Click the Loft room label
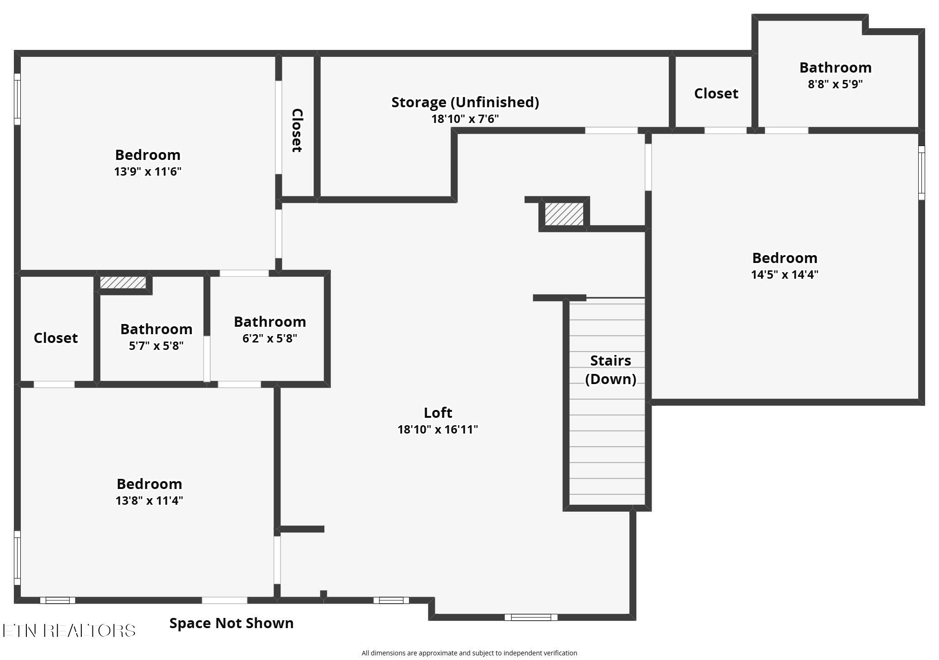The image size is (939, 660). pos(438,413)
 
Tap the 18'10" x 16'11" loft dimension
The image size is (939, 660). pos(438,429)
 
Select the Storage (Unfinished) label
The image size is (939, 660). pos(465,102)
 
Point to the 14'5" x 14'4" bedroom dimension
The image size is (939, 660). pos(785,275)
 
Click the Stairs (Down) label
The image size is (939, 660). pos(610,370)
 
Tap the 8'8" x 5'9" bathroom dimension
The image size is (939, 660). pos(835,84)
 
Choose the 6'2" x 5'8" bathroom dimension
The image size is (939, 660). pos(269,338)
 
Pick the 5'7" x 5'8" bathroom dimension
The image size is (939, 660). pos(156,346)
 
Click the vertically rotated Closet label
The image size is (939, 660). pos(297,130)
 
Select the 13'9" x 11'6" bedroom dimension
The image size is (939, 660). pos(148,171)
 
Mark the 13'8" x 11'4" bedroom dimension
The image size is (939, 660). pos(149,501)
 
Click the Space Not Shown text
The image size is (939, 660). pos(232,623)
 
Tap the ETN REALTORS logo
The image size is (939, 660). pos(69,630)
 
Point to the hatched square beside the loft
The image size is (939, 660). pos(564,214)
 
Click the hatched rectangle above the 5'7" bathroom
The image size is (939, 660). pos(123,282)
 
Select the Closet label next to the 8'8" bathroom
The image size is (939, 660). pos(716,93)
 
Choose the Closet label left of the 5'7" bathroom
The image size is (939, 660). pos(56,338)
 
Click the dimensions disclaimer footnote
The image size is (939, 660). pos(469,653)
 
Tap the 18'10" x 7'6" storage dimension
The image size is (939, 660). pos(465,119)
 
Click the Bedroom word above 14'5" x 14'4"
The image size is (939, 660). pos(785,258)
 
